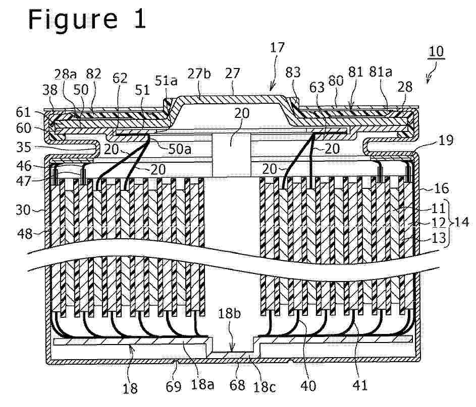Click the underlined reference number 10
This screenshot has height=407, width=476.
436,51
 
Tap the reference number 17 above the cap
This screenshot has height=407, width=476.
277,47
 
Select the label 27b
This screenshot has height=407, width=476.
199,74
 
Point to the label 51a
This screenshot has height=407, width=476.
167,81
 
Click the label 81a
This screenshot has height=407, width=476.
381,72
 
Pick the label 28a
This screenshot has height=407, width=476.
66,74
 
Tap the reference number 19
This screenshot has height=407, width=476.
446,140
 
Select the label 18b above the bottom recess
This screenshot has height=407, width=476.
229,314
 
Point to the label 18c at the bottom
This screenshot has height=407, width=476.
264,386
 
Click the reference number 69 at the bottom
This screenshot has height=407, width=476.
174,387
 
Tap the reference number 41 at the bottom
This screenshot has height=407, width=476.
360,385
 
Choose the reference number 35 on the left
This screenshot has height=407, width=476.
24,147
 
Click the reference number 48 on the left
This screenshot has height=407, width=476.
24,234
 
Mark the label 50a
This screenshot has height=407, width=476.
180,149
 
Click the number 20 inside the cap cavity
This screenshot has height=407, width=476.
242,113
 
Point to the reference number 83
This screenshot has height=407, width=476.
293,73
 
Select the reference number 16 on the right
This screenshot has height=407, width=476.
441,188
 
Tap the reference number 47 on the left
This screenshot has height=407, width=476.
24,181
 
